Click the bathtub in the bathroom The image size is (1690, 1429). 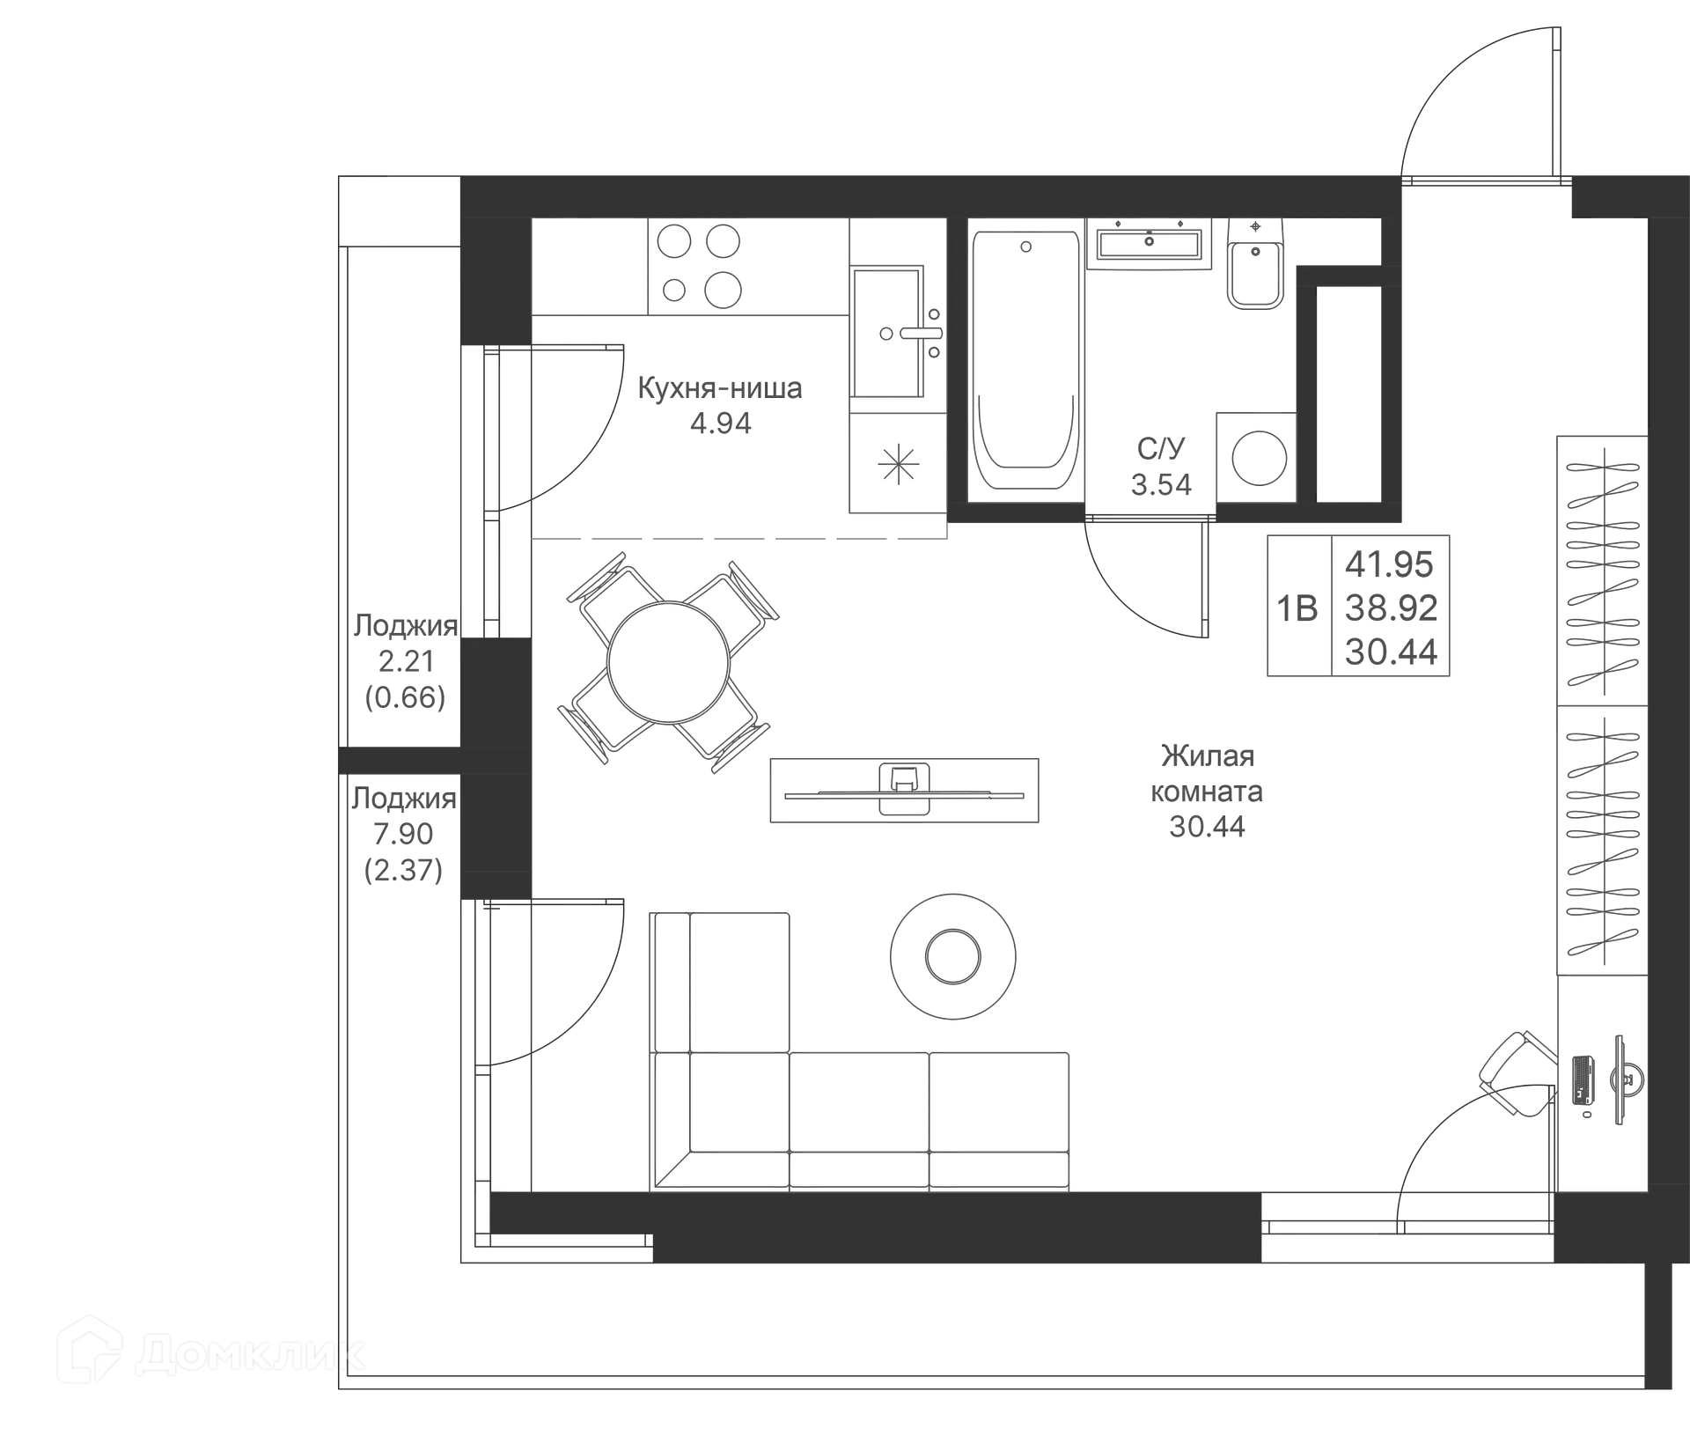1025,361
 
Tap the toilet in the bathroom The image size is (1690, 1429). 1255,263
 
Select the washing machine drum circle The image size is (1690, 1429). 1259,458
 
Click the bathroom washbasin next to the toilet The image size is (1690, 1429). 1149,242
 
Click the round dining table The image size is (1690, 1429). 669,662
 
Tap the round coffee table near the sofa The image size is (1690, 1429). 952,957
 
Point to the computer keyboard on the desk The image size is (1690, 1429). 1582,1079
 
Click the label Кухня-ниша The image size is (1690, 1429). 720,388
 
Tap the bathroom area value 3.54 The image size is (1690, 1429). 1161,484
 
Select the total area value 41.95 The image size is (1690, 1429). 1390,564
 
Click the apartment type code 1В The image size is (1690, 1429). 1297,608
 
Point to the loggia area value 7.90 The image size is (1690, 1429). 403,833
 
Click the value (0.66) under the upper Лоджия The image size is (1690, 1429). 405,697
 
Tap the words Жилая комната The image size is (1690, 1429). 1207,773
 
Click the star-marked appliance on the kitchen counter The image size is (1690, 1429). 898,462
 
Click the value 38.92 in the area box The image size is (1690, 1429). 1392,608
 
